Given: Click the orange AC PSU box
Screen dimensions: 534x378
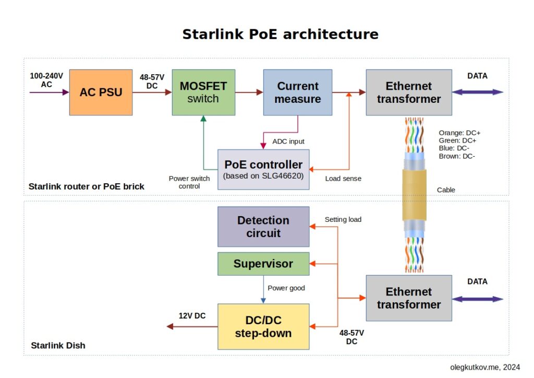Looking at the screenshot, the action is coord(101,92).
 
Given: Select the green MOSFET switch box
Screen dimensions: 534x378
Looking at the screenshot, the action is coord(203,92).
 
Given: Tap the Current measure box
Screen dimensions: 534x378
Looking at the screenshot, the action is coord(298,92).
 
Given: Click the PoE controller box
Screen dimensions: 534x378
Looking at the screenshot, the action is coord(263,169).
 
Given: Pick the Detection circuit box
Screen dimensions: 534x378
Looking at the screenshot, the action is coord(263,227).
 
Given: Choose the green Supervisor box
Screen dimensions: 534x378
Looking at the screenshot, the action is coord(263,264).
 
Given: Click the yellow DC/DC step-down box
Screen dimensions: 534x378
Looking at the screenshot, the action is coord(263,326).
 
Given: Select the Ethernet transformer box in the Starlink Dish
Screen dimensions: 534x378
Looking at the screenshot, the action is coord(409,298).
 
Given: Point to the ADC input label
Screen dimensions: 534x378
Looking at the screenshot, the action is coord(288,141).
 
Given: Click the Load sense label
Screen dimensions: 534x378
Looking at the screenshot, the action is coord(343,179).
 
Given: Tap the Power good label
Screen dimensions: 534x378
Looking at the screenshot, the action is coord(286,288).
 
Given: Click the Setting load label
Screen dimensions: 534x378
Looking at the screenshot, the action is coord(343,219).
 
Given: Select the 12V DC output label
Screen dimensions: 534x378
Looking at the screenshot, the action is coord(192,316).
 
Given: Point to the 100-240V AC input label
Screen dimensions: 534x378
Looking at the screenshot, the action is coord(46,80).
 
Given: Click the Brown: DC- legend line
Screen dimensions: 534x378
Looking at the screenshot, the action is coord(457,156).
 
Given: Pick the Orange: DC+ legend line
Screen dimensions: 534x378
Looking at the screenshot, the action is coord(459,133).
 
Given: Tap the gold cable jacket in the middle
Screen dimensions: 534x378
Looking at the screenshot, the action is coord(414,195).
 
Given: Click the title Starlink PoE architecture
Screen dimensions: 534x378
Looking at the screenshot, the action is coord(280,34).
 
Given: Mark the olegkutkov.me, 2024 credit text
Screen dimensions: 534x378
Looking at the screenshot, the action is coord(485,367).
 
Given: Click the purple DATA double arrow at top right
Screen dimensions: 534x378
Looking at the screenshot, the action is coord(478,92).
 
